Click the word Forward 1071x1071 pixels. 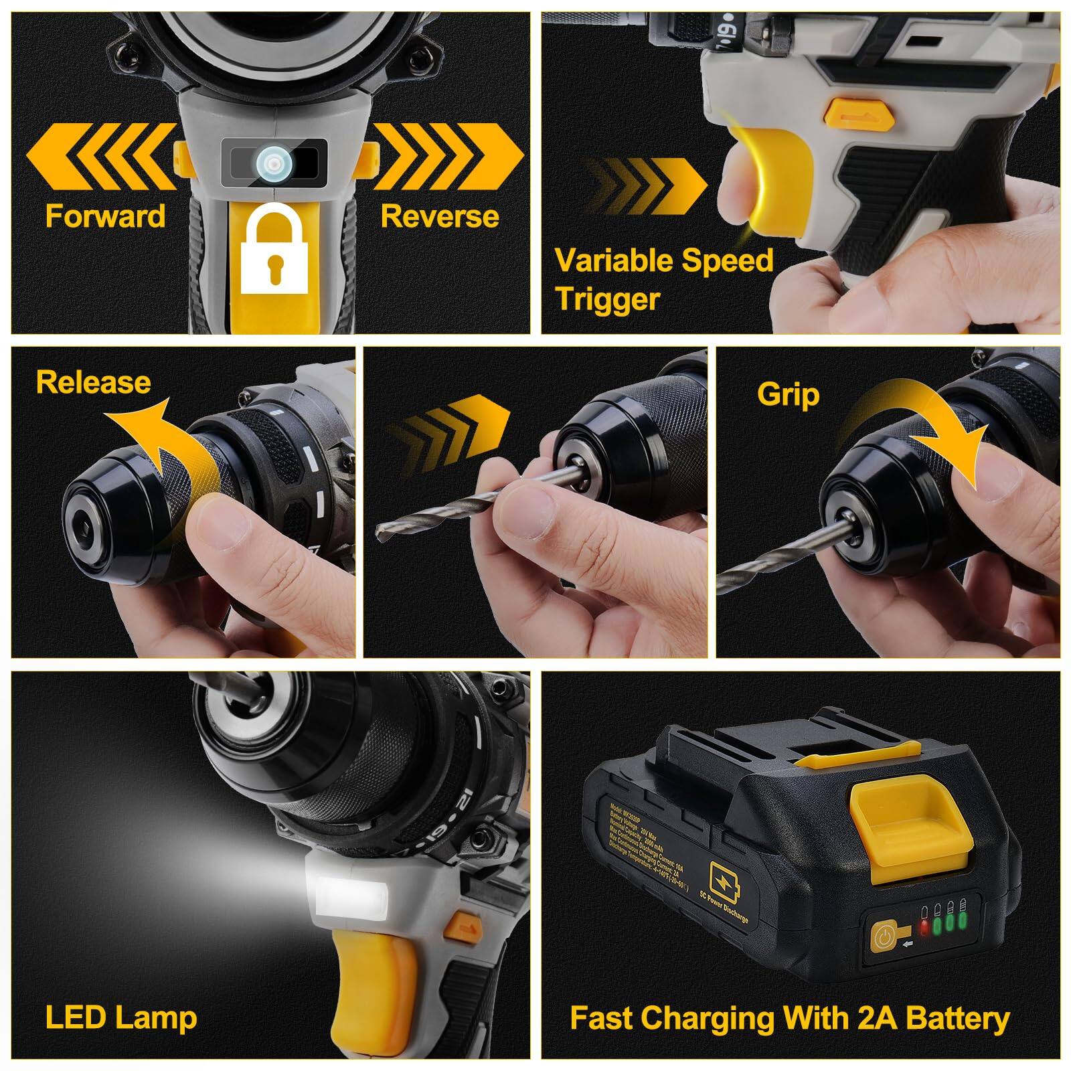point(105,216)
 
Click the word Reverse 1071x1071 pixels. point(439,216)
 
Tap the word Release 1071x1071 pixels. point(93,382)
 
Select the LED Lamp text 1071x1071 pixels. point(121,1018)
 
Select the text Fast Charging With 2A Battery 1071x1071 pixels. point(789,1018)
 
